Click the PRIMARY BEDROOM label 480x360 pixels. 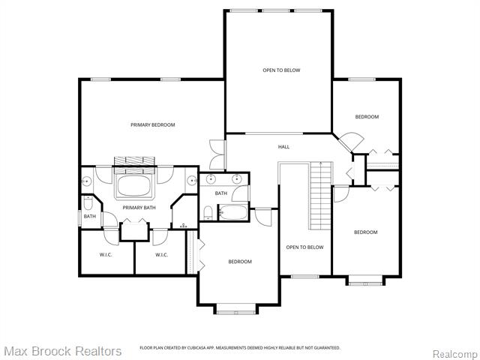point(152,124)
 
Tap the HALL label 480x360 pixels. point(283,146)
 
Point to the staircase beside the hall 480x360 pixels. point(320,196)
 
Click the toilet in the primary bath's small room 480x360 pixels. point(88,202)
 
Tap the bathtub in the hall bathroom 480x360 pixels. point(233,214)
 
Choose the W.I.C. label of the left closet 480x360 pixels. point(106,255)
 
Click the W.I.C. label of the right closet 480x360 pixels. point(161,255)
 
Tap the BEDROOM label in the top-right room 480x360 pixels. point(367,116)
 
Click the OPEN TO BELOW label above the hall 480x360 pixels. point(281,70)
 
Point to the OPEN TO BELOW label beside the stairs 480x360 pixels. point(304,247)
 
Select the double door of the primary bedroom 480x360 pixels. point(217,154)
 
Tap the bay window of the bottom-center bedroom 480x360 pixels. point(236,308)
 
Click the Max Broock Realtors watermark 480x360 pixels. point(62,351)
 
